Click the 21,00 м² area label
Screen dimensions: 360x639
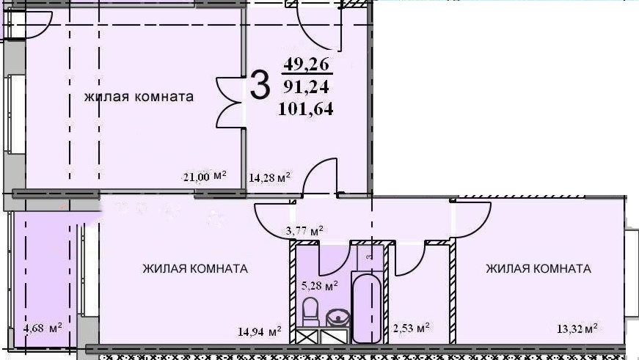(204, 176)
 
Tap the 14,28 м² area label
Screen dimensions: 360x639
(269, 177)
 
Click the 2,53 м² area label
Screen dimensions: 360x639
(411, 327)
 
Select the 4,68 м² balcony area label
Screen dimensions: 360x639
(42, 328)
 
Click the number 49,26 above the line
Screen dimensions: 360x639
(307, 65)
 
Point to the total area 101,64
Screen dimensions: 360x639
(306, 111)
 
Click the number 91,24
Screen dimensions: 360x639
(307, 87)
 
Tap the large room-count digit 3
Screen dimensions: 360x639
(259, 85)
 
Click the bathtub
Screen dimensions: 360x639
(366, 308)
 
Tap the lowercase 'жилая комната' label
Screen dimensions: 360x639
(138, 97)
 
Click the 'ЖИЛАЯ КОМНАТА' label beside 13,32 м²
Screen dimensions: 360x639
(538, 269)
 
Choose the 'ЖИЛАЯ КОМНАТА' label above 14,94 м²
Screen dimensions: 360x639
(195, 269)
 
